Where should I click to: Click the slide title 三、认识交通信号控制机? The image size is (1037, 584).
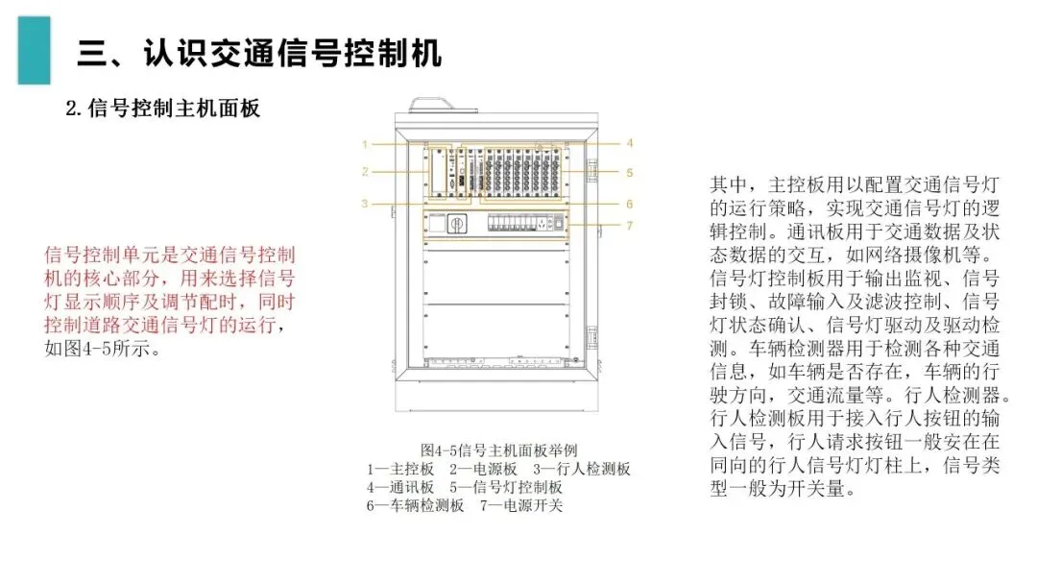(259, 53)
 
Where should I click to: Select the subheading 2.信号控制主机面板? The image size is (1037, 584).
(162, 109)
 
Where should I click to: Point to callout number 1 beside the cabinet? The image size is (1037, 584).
(366, 144)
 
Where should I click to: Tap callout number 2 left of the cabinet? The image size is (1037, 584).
(366, 173)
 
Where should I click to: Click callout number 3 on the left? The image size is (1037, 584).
(366, 204)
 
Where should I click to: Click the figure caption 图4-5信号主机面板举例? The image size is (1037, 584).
(498, 450)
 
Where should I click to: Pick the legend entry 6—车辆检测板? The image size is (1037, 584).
(416, 505)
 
